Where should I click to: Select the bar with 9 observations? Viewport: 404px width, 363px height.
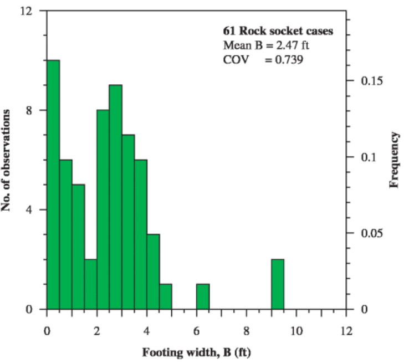tap(115, 197)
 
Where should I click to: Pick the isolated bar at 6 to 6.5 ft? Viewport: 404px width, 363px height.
tap(203, 296)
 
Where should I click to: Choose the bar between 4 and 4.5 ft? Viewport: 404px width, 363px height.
tap(153, 272)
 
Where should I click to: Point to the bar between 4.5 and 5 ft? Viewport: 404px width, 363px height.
tap(165, 296)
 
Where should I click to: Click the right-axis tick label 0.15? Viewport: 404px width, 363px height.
tap(372, 81)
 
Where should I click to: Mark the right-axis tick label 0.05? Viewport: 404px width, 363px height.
tap(372, 233)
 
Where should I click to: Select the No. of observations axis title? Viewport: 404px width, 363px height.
tap(8, 160)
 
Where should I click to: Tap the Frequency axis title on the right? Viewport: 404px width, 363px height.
tap(395, 160)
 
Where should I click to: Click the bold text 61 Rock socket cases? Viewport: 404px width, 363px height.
tap(278, 31)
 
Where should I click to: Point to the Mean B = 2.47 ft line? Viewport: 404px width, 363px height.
tap(266, 45)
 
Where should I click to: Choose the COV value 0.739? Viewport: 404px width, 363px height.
tap(284, 60)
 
